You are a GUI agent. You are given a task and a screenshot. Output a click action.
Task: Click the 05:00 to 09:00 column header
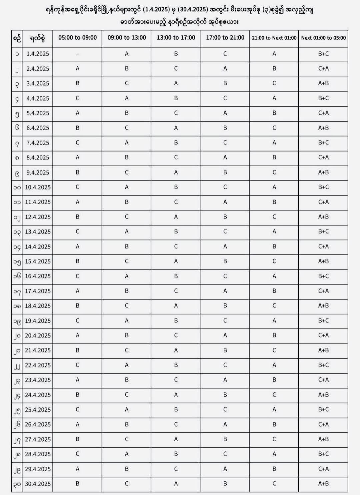(x=77, y=38)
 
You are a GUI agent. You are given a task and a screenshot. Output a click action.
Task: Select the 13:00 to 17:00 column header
(x=176, y=38)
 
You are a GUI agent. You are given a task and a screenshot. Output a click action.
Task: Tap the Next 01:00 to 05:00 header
(x=323, y=38)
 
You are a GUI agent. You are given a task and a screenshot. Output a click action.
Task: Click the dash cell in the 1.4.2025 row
(x=77, y=54)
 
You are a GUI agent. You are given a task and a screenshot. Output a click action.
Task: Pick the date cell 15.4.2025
(x=38, y=261)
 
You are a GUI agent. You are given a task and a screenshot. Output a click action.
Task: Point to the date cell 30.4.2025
(x=38, y=484)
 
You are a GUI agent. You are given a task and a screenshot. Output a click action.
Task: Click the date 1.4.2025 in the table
(x=38, y=54)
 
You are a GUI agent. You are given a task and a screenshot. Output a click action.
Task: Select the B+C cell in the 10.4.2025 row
(x=323, y=187)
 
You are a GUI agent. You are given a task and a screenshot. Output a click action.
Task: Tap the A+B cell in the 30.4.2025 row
(x=323, y=484)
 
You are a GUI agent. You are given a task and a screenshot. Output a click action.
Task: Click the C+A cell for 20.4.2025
(x=323, y=335)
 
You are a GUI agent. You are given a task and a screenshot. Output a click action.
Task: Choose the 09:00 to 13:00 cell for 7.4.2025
(x=127, y=143)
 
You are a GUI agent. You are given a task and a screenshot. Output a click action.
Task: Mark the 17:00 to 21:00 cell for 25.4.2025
(x=225, y=409)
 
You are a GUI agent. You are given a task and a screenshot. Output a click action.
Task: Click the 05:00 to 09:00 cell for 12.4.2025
(x=77, y=217)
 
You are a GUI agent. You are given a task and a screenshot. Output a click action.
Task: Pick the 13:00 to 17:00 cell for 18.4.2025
(x=176, y=306)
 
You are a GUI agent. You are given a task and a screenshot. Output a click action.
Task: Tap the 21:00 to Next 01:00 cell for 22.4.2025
(x=274, y=365)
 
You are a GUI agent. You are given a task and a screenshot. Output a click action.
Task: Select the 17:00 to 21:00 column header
(x=225, y=38)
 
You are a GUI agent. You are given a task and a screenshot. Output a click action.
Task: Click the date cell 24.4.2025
(x=38, y=395)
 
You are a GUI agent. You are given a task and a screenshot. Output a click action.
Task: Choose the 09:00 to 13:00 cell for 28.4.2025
(x=127, y=454)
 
